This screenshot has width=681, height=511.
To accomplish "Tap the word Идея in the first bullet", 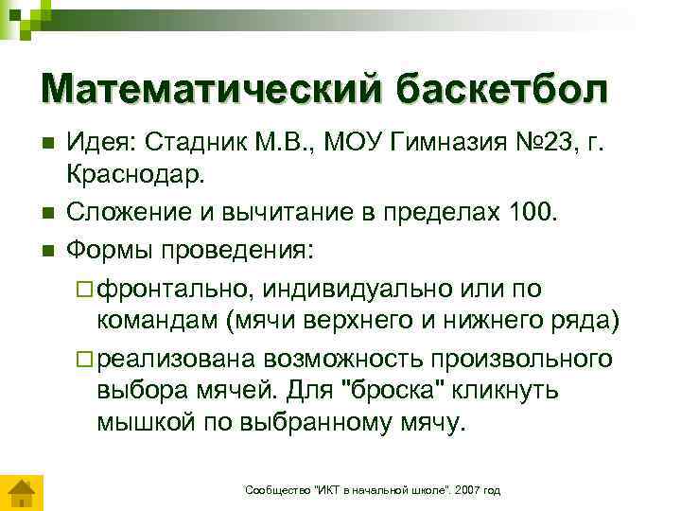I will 100,144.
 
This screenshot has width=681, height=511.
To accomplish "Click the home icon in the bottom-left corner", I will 20,494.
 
